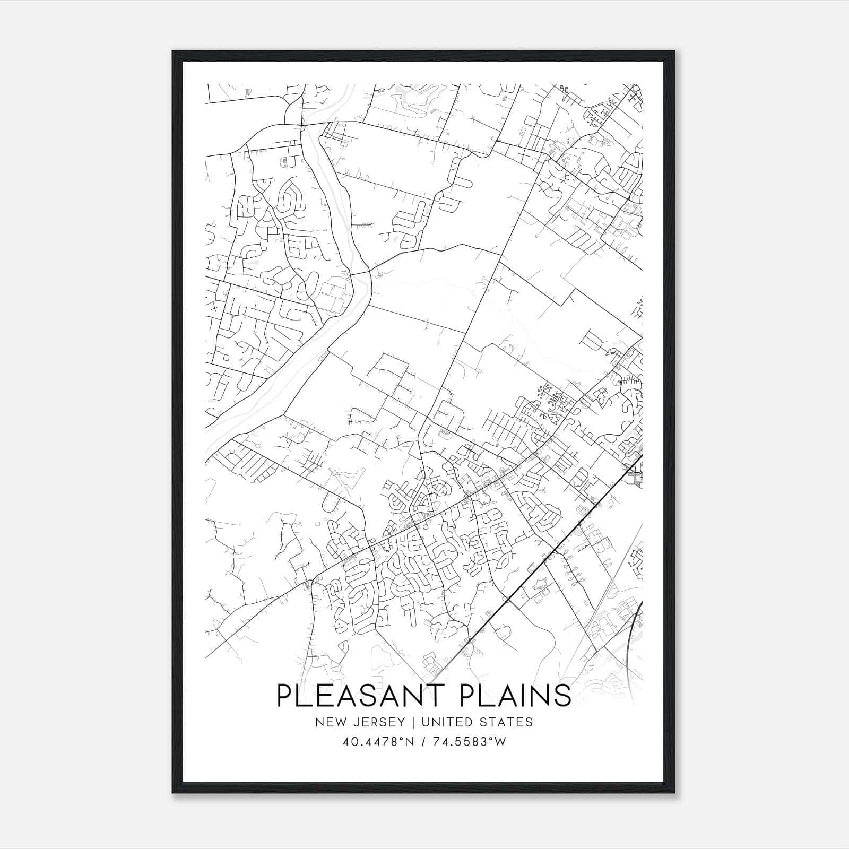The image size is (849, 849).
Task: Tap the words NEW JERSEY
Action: [x=360, y=722]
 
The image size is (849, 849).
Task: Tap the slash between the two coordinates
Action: [x=424, y=742]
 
